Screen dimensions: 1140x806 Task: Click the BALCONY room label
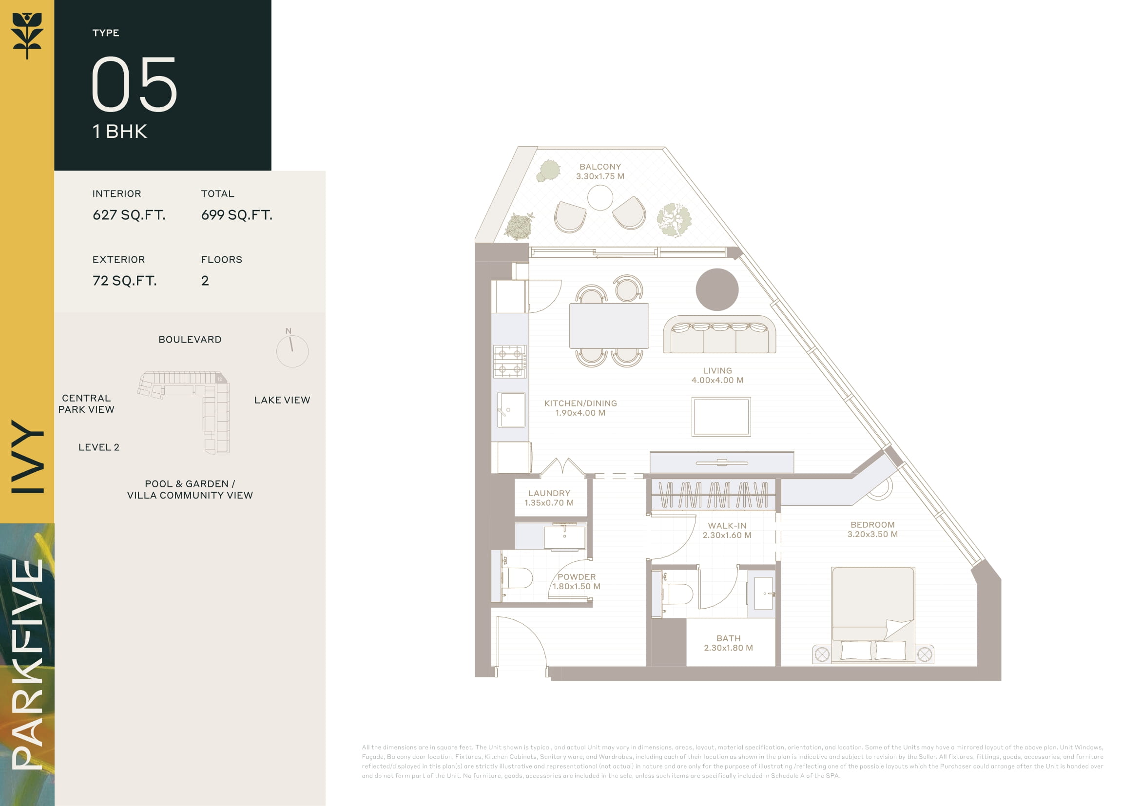[x=600, y=167]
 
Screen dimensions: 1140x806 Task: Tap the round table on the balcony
[x=600, y=197]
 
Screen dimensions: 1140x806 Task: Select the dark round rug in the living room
[x=717, y=290]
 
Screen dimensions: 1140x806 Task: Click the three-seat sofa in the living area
[x=719, y=334]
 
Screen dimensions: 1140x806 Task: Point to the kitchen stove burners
[x=510, y=362]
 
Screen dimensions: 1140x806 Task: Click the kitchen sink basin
[x=511, y=409]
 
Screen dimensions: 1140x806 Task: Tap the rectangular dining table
[x=609, y=326]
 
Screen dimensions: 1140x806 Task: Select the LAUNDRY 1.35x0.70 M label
[x=549, y=498]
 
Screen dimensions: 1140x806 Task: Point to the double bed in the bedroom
[x=873, y=615]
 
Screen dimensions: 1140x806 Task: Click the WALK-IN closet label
[x=727, y=526]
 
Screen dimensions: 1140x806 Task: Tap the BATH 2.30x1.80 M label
[x=728, y=643]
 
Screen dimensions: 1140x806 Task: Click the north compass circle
[x=292, y=351]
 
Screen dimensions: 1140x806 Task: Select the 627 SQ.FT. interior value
[x=129, y=215]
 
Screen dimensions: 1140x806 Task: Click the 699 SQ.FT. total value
[x=237, y=215]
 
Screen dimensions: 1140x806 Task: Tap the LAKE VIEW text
[x=282, y=400]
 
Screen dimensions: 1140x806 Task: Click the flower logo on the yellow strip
[x=27, y=36]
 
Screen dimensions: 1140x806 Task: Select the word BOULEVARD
[x=190, y=340]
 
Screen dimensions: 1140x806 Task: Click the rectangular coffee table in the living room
[x=721, y=417]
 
